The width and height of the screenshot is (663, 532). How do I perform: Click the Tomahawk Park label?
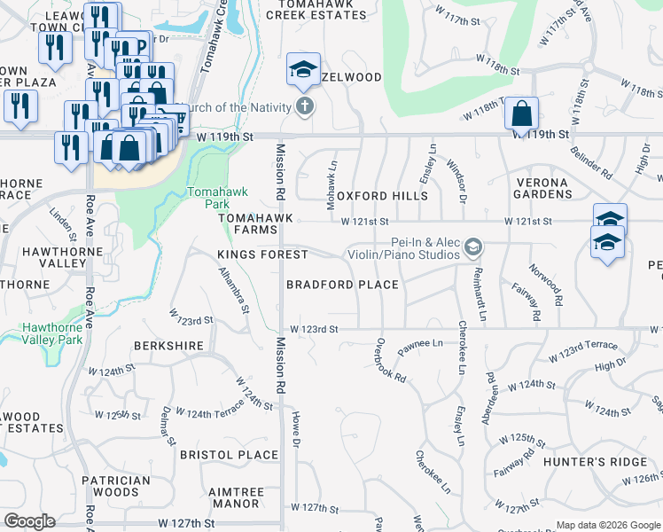209,198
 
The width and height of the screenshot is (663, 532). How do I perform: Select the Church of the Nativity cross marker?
304,108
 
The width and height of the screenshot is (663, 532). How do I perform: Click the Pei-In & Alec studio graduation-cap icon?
474,246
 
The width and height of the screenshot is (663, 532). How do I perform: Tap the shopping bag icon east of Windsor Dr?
522,113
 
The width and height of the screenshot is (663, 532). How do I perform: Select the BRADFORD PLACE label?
342,285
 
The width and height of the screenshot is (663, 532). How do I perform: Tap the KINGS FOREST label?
262,254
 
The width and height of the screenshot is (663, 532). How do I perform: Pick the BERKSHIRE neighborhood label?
168,345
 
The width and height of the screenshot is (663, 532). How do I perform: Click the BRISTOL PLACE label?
229,455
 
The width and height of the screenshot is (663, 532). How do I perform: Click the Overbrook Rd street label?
391,359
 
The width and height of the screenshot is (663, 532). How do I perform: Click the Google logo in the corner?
29,521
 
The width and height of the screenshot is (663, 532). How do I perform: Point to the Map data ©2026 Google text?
607,525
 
